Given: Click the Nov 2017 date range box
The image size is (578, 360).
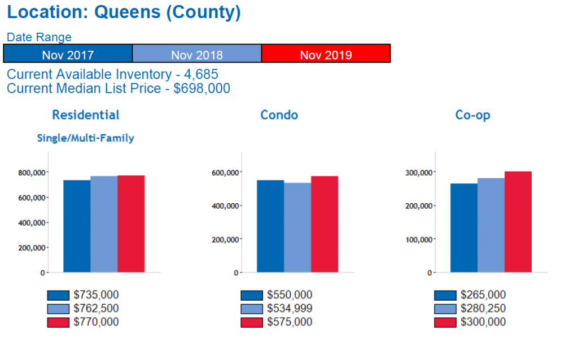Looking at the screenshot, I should click(68, 54).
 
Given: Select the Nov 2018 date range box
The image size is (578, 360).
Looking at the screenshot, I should click(196, 54).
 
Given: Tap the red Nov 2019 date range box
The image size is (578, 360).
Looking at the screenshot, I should click(326, 54).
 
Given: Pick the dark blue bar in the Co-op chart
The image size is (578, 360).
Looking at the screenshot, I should click(463, 228).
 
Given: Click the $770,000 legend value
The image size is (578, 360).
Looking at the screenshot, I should click(96, 322).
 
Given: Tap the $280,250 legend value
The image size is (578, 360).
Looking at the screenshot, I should click(483, 309).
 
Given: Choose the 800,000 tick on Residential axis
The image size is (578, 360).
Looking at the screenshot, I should click(32, 173).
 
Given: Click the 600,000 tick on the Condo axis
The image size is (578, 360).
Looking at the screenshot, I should click(225, 172).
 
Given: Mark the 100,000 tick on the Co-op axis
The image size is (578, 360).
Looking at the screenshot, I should click(419, 239).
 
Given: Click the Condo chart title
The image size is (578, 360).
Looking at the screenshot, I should click(279, 115).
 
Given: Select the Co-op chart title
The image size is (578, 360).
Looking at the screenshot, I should click(472, 115).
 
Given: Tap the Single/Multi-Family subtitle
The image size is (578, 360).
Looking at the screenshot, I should click(85, 138).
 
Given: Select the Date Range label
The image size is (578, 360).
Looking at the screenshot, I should click(39, 37).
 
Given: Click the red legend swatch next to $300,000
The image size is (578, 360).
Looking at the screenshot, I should click(445, 322).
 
